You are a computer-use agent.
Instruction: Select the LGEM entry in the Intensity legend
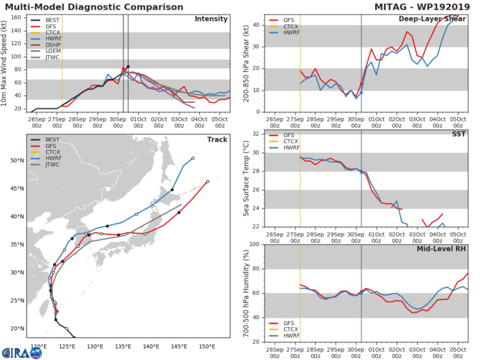49,60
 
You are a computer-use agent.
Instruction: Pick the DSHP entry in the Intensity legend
49,51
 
